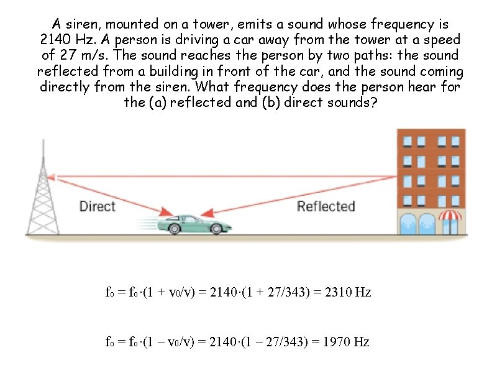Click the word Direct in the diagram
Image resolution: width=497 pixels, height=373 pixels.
pyautogui.click(x=98, y=206)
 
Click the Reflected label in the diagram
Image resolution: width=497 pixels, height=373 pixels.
pyautogui.click(x=326, y=206)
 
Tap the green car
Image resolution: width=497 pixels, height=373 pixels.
pyautogui.click(x=192, y=223)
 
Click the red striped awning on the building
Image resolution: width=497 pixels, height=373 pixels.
pyautogui.click(x=451, y=216)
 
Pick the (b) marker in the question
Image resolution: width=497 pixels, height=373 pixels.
pyautogui.click(x=293, y=102)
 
